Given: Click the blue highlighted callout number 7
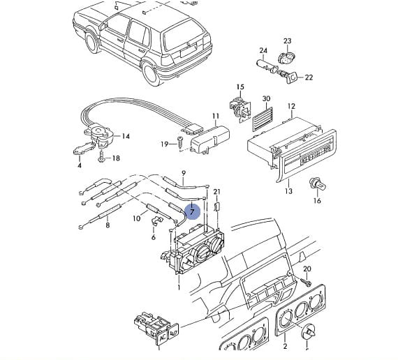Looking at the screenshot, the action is point(193,211).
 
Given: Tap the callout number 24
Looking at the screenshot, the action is point(263,50).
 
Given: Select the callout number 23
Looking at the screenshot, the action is point(288,41).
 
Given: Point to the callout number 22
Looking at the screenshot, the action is point(309,77).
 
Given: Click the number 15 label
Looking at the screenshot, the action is point(240,87).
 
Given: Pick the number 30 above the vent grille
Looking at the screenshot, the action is point(266,98).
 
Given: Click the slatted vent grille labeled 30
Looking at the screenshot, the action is point(263,119).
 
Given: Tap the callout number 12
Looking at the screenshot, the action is point(291,106).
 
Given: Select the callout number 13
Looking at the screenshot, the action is point(288,190).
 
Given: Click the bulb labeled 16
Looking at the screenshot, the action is point(318,185).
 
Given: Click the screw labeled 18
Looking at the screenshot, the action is point(101,157).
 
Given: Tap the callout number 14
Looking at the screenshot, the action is point(126,136).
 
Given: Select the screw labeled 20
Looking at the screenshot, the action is point(306,282).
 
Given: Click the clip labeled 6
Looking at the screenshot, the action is point(156,220).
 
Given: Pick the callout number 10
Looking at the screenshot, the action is point(137,218).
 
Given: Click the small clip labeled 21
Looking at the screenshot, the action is point(217,207).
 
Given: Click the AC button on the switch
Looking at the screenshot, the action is point(162,337).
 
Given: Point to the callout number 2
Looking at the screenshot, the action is point(285,346).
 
